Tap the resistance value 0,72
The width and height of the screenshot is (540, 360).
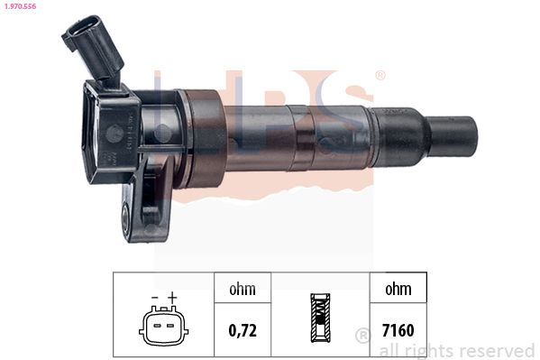243,330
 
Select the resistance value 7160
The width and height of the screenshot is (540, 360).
397,330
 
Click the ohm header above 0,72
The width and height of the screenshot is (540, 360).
243,290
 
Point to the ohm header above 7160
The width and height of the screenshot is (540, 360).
397,290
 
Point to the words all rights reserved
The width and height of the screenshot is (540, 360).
456,350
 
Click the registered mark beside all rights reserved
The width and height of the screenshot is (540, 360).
363,336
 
